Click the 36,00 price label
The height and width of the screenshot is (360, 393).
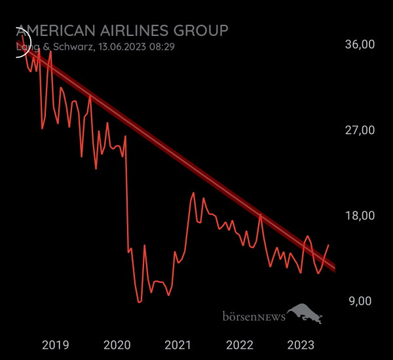(x=360, y=45)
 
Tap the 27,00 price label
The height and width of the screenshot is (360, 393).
(x=360, y=130)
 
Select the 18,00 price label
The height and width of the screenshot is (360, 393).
(x=360, y=216)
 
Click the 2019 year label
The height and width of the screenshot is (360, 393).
(x=55, y=345)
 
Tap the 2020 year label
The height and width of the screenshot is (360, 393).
(x=117, y=345)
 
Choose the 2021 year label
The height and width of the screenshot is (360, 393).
(x=178, y=345)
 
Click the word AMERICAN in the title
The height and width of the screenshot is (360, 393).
(x=55, y=31)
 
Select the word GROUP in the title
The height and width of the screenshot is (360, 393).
(x=204, y=31)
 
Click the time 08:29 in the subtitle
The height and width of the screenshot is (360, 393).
(x=162, y=47)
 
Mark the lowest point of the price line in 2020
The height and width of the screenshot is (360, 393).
(x=139, y=302)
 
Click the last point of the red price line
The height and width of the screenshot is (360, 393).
(x=328, y=245)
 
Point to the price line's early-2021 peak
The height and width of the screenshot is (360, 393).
(x=193, y=193)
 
